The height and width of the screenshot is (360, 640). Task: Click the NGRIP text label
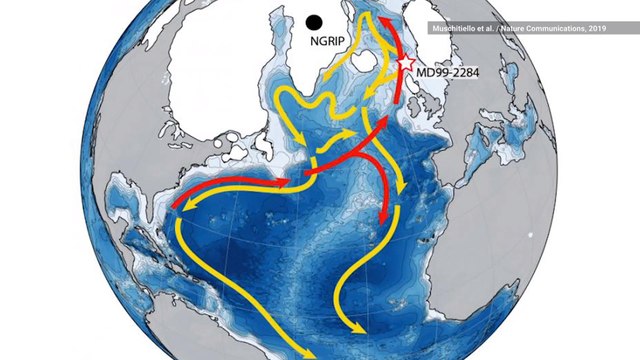pyautogui.click(x=312, y=44)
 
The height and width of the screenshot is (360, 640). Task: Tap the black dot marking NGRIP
pyautogui.click(x=314, y=21)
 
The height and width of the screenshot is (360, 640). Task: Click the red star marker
pyautogui.click(x=406, y=63)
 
